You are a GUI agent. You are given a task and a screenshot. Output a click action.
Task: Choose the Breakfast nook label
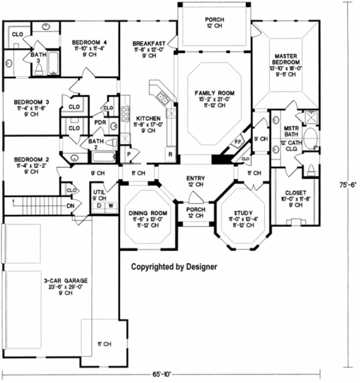[149, 43]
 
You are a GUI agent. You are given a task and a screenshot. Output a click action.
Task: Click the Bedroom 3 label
[31, 102]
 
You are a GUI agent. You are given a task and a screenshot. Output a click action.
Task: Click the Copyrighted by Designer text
[174, 267]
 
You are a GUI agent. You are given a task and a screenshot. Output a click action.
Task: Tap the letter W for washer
[110, 205]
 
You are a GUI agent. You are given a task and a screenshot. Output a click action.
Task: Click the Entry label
[194, 178]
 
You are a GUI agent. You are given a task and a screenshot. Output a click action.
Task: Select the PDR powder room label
[99, 122]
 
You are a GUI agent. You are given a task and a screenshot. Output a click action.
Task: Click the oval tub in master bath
[311, 139]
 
